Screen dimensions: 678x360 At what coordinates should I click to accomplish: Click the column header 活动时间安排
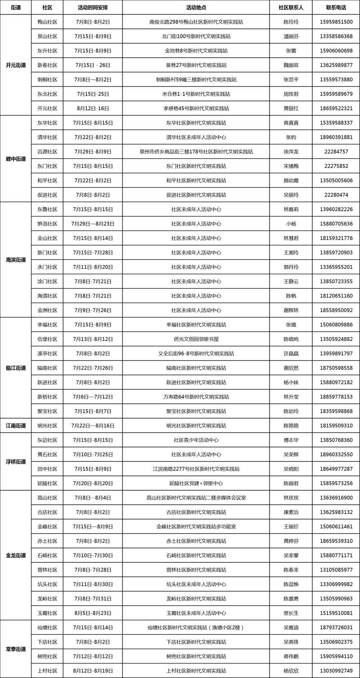tap(92, 8)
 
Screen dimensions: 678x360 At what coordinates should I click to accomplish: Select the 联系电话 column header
tap(336, 8)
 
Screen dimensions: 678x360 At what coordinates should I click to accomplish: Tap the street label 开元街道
tap(16, 65)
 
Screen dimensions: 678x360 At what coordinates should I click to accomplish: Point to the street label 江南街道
tap(16, 425)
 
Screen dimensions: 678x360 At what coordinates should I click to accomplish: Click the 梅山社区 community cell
tap(47, 22)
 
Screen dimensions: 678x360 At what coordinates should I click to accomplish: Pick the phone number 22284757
tap(336, 152)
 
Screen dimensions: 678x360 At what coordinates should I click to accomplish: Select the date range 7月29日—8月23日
tap(92, 224)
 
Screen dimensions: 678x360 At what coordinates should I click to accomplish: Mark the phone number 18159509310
tap(336, 425)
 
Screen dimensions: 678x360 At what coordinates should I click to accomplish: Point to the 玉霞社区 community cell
tap(47, 613)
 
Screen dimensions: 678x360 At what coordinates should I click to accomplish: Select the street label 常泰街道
tap(16, 649)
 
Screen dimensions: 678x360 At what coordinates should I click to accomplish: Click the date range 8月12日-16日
tap(92, 108)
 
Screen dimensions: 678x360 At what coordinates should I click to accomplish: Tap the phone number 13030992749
tap(336, 671)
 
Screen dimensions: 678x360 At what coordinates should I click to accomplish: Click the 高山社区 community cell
tap(47, 497)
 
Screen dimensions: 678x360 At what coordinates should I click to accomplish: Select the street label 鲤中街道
tap(16, 159)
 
